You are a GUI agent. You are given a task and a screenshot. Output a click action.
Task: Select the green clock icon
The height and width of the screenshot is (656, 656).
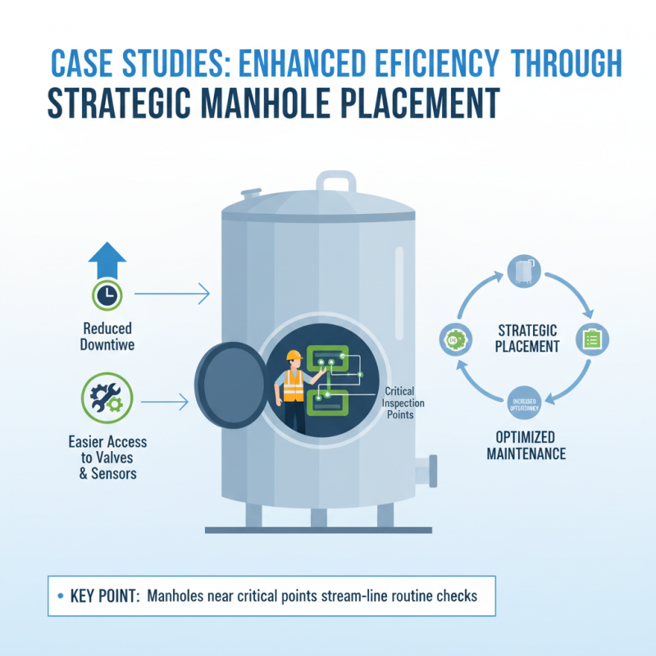click(106, 294)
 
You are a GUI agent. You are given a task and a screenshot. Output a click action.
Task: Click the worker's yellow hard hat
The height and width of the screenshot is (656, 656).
click(293, 356)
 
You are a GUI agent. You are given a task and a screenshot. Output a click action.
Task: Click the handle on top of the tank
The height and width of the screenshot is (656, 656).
click(335, 182)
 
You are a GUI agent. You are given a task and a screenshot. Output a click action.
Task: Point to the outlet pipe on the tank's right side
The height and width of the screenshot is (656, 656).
click(425, 472)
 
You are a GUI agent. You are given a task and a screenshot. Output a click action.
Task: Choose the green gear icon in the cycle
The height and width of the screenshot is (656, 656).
click(453, 339)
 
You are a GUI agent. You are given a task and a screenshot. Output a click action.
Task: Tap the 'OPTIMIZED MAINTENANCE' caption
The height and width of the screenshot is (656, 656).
click(525, 444)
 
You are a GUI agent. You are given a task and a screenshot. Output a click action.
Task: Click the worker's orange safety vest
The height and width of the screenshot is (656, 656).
click(292, 381)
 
